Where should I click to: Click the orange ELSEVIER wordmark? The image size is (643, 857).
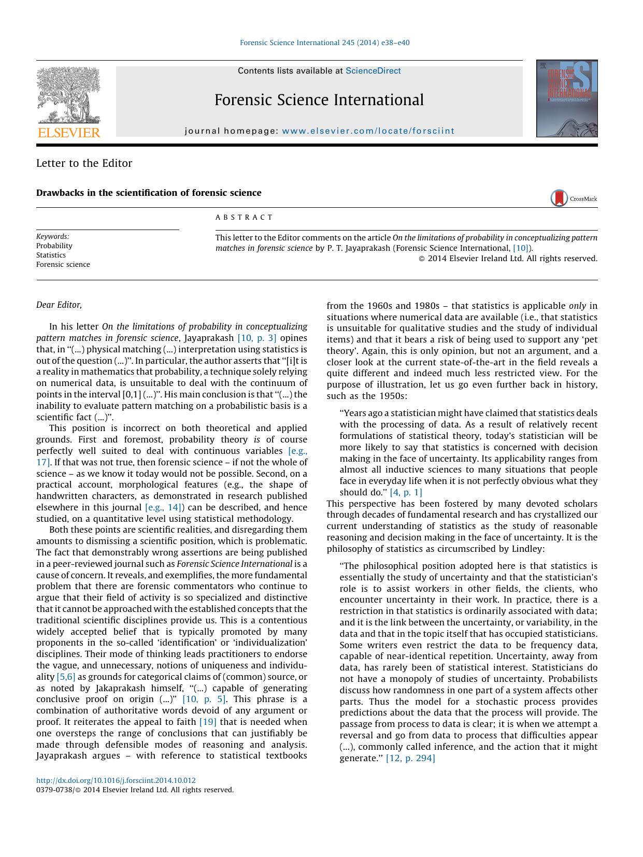(x=69, y=133)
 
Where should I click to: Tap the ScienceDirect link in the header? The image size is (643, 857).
(x=373, y=71)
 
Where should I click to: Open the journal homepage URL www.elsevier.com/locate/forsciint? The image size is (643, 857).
(x=368, y=131)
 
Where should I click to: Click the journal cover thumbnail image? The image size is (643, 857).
(x=566, y=98)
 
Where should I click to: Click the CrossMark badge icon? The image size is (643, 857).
(x=559, y=198)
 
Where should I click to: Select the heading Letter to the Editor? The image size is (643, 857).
(x=84, y=163)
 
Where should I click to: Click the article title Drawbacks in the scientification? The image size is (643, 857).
(x=149, y=193)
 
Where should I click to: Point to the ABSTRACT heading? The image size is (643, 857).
(x=244, y=217)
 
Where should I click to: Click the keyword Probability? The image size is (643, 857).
(x=54, y=246)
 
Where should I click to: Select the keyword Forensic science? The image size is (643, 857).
(x=63, y=264)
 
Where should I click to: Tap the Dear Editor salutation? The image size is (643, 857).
(x=59, y=305)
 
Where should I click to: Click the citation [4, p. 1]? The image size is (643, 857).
(x=406, y=492)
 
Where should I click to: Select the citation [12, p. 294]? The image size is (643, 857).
(x=410, y=758)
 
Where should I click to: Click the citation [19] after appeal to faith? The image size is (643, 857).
(x=208, y=722)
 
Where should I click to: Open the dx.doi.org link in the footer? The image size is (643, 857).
(x=116, y=780)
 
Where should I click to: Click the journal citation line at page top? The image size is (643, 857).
(x=325, y=43)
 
